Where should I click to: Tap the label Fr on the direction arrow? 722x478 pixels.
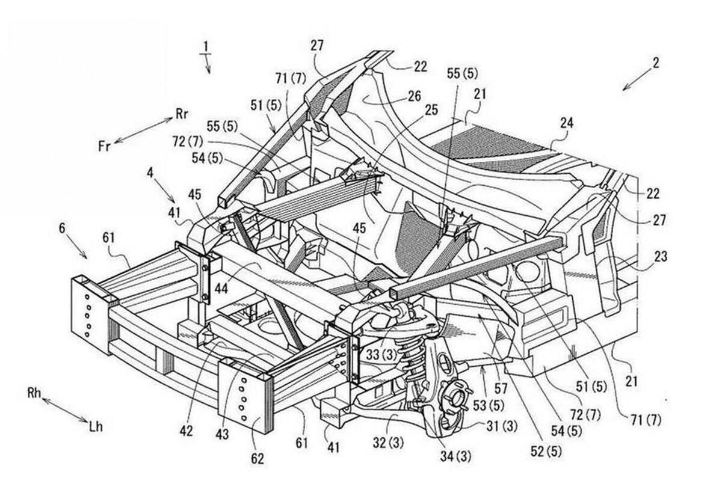(104, 146)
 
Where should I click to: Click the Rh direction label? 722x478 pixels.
(34, 393)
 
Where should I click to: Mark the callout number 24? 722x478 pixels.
(566, 123)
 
